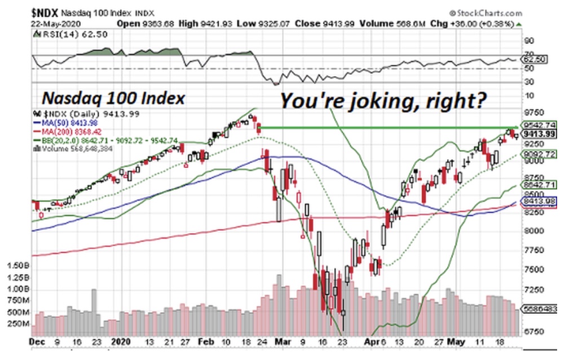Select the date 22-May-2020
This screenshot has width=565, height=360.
click(x=54, y=23)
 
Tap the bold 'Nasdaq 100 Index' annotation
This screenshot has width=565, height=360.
click(x=113, y=99)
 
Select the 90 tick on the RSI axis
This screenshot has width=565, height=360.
click(x=529, y=41)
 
